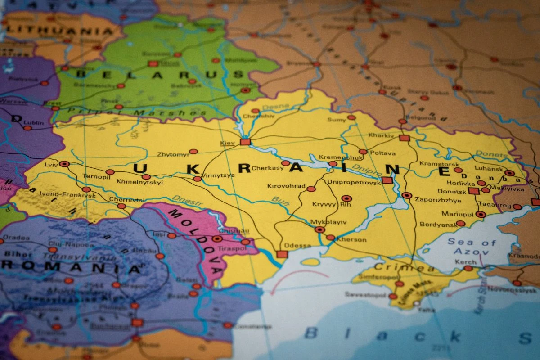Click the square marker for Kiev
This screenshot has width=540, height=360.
coord(245,142)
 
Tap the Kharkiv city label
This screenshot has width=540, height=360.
coord(381,135)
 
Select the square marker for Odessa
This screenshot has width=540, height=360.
coord(282,254)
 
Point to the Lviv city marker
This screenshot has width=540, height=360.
coord(64,164)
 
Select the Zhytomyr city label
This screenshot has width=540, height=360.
coord(173,154)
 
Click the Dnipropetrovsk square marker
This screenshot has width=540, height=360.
coord(387,180)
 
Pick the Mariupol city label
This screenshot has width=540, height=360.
coord(457,214)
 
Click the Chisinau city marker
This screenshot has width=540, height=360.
coord(217,239)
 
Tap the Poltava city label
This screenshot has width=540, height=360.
coord(383,153)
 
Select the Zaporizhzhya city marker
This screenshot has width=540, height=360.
coord(407,195)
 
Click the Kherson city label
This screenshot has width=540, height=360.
coord(351,240)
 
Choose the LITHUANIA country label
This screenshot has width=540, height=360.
coord(59,31)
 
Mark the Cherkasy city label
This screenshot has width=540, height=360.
coord(267,168)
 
